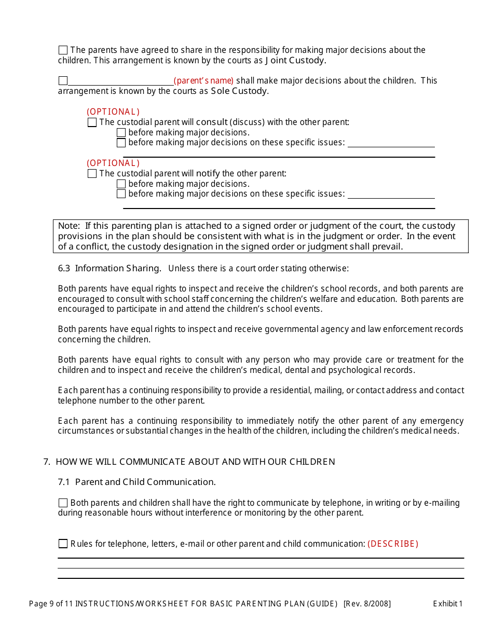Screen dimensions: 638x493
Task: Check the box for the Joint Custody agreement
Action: [x=63, y=50]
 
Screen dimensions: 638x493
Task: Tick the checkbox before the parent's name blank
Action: [x=63, y=81]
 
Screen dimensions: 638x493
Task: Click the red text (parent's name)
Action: [x=203, y=81]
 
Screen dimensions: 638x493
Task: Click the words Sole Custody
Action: [x=239, y=91]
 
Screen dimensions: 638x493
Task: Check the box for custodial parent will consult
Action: [x=92, y=122]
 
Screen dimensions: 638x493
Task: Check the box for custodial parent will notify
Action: [x=92, y=174]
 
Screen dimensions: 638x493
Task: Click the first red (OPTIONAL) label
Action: [x=113, y=112]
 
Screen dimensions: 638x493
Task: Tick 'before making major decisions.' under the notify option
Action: [x=121, y=184]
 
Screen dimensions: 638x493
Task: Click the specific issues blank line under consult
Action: [x=391, y=144]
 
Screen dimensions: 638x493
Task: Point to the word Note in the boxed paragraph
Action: [x=68, y=226]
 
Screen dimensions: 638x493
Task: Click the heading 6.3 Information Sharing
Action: [x=109, y=268]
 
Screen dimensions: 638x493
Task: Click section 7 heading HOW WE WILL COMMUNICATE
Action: [x=195, y=462]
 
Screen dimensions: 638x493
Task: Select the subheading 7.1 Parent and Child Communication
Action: [x=137, y=482]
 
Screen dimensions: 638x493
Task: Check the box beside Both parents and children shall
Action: [x=63, y=503]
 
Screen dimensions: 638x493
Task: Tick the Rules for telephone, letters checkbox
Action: [x=63, y=544]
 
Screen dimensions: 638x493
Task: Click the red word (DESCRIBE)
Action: [x=393, y=544]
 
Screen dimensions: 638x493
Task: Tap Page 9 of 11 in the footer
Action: [x=51, y=603]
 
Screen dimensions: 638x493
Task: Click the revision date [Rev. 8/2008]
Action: [x=367, y=603]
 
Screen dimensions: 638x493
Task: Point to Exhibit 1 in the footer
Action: [x=447, y=603]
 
